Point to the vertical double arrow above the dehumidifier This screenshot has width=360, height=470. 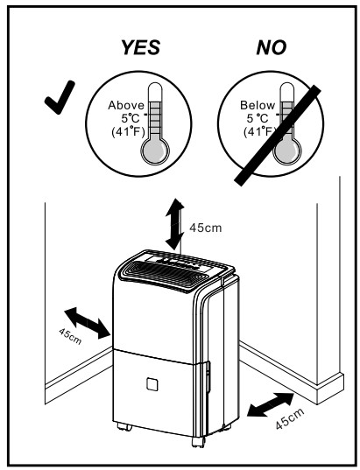pyautogui.click(x=175, y=223)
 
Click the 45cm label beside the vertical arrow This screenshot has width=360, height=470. pyautogui.click(x=207, y=228)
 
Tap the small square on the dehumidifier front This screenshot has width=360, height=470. pyautogui.click(x=151, y=383)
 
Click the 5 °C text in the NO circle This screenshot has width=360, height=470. pyautogui.click(x=237, y=119)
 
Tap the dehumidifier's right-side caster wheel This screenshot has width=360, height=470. pyautogui.click(x=225, y=424)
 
